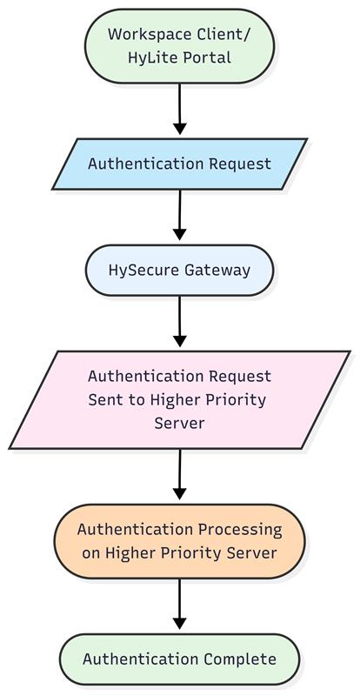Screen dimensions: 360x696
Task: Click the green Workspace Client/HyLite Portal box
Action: tap(179, 46)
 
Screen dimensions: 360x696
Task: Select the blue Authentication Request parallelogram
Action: tap(179, 164)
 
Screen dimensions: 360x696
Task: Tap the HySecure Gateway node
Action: tap(179, 271)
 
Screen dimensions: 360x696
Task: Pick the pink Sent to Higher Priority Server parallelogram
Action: tap(179, 399)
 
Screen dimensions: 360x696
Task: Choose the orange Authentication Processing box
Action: tap(179, 541)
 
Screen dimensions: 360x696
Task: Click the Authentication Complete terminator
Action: tap(179, 659)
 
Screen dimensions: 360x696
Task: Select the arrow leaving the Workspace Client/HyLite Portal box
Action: tap(179, 110)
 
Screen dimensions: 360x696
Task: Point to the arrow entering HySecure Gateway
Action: tap(179, 215)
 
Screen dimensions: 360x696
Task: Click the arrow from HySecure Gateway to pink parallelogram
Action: tap(179, 321)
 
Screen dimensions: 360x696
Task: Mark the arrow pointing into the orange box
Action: tap(179, 474)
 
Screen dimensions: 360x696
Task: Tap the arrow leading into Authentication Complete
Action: tap(179, 604)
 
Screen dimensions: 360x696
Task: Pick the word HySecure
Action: tap(142, 271)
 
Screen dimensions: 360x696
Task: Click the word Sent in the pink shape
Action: tap(103, 399)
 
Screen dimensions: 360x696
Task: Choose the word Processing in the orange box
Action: tap(240, 530)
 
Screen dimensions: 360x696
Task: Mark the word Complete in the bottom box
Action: tap(240, 659)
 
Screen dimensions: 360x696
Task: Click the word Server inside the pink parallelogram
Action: tap(179, 423)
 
